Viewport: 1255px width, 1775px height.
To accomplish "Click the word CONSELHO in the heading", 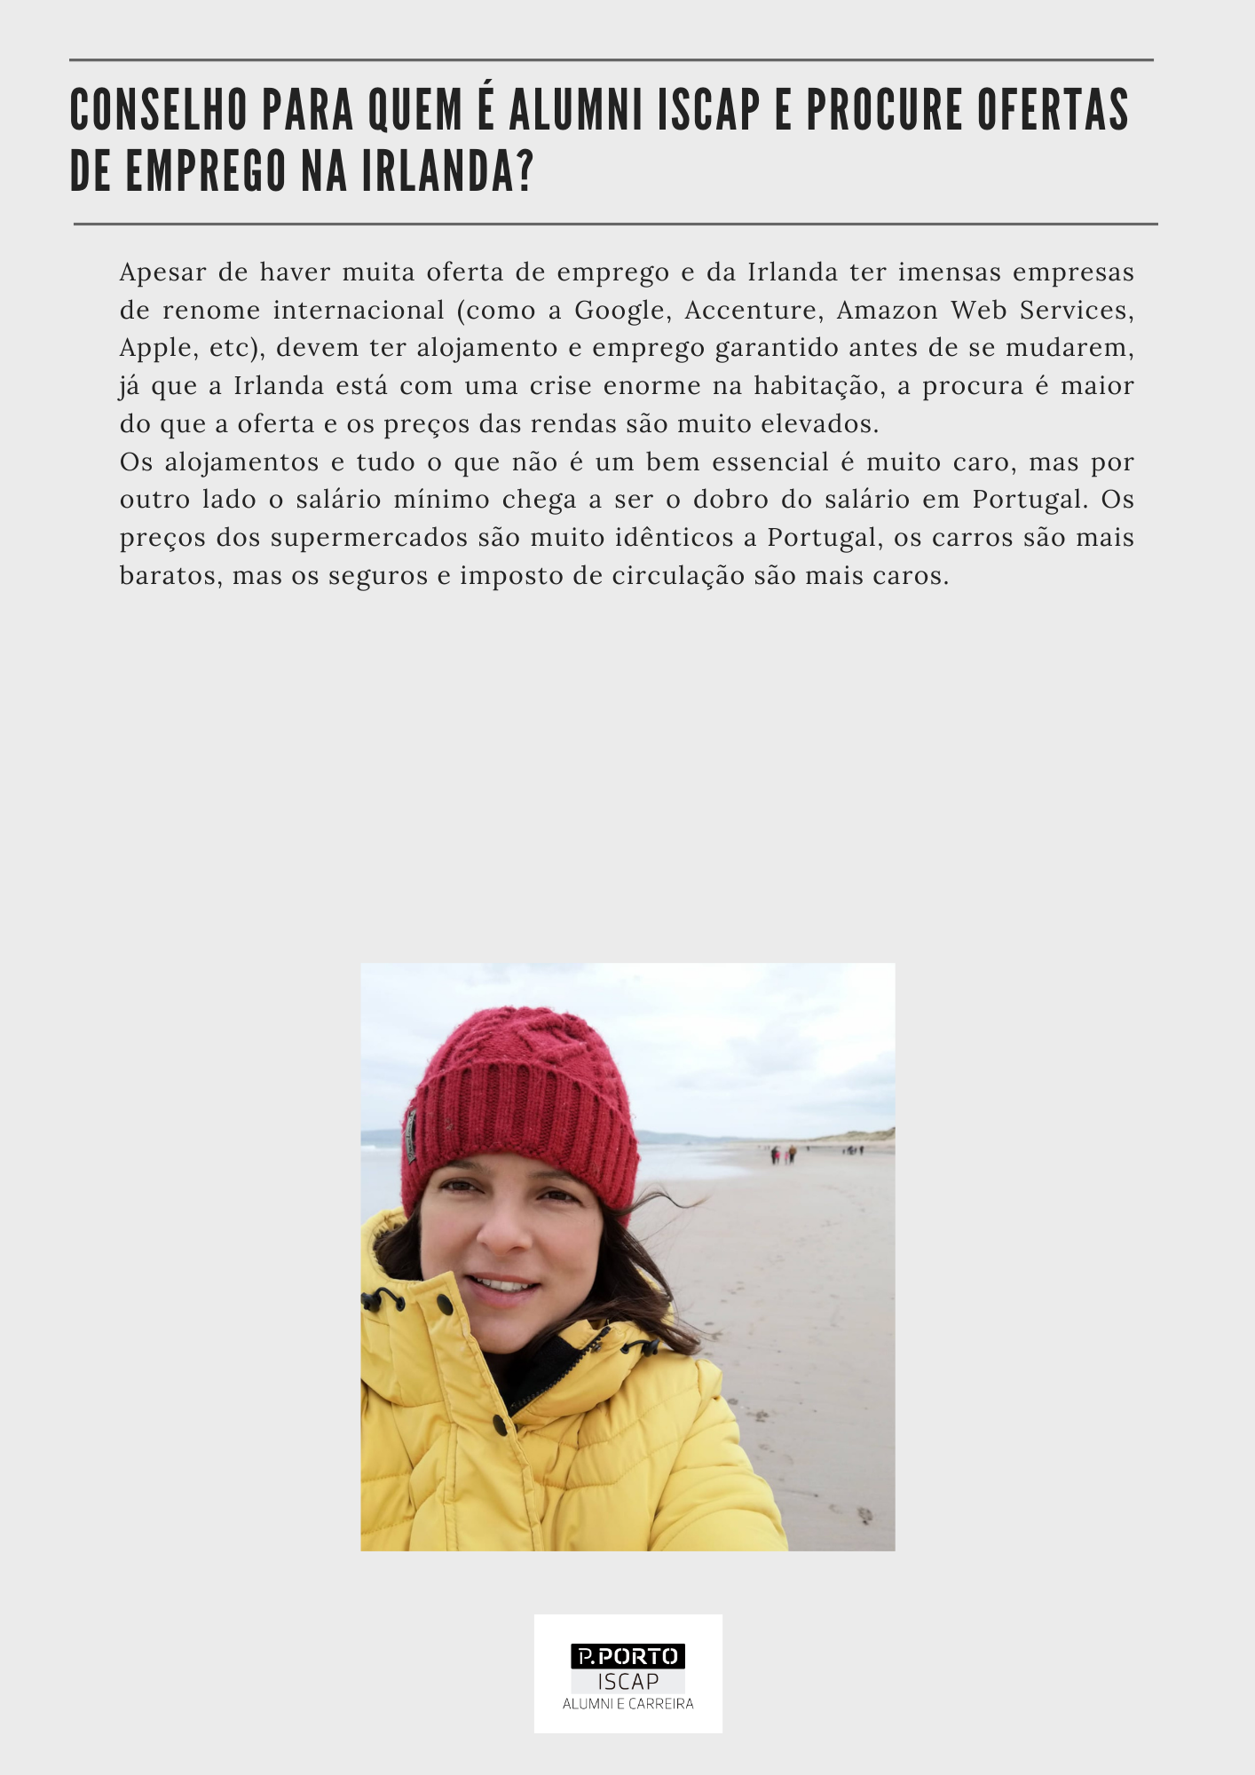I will click(160, 110).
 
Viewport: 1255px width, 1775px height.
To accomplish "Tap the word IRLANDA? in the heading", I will click(434, 171).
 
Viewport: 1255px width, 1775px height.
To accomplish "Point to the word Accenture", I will click(754, 311).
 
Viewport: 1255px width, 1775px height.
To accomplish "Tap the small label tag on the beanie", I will click(411, 1135).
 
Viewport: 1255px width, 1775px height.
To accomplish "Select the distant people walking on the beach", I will click(783, 1154).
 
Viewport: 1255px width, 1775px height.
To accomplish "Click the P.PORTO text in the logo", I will click(627, 1656).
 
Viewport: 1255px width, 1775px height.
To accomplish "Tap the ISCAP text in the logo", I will click(627, 1681).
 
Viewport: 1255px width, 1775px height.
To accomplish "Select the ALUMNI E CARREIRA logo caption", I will click(627, 1704).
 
